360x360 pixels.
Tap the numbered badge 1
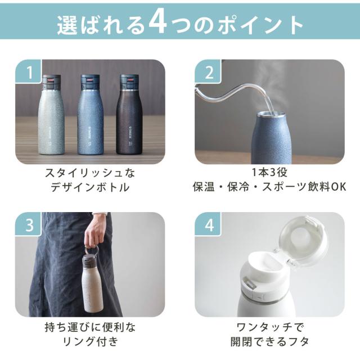coord(29,72)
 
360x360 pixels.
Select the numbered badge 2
coord(208,72)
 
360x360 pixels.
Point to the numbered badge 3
coord(29,224)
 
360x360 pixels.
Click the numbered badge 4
coord(208,224)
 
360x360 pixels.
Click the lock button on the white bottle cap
coord(249,283)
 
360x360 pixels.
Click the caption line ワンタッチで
coord(270,327)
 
